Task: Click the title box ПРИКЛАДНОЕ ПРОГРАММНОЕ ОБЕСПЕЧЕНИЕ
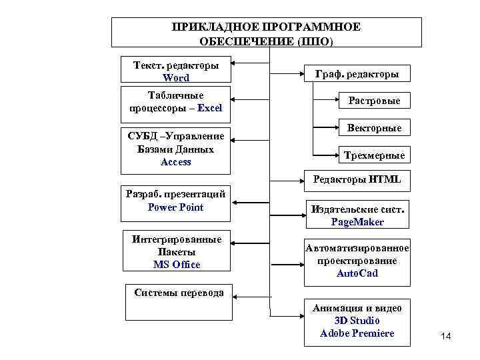pos(266,33)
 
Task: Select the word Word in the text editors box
pos(176,78)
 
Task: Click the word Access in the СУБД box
pos(176,162)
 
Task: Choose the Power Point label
pos(175,207)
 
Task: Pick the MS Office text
pos(176,265)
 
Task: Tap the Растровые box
pos(374,101)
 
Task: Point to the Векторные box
pos(374,127)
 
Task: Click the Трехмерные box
pos(374,155)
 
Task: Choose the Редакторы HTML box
pos(357,179)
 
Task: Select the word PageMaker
pos(357,221)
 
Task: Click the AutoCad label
pos(357,273)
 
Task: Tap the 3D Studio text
pos(357,321)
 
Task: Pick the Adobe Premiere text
pos(357,333)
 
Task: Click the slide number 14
pos(446,337)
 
